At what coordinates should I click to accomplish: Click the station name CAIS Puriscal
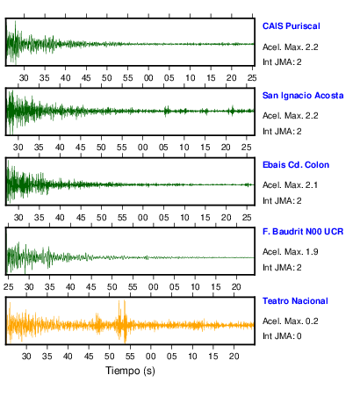point(292,26)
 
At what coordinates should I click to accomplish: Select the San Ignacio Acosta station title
point(303,96)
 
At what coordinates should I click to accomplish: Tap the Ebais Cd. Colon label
point(296,165)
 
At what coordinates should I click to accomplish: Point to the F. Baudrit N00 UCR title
point(303,232)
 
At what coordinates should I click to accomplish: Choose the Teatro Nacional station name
point(295,301)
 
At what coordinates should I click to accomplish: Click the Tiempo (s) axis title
point(130,371)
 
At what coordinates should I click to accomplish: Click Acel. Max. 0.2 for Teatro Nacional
point(291,321)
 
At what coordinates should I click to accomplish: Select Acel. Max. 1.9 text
point(291,252)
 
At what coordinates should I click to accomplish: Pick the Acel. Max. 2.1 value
point(290,185)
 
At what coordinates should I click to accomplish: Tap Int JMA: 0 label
point(282,336)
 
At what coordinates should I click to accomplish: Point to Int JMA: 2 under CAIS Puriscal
point(282,62)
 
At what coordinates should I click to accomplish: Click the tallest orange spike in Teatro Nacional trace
point(125,321)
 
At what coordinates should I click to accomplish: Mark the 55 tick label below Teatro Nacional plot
point(130,357)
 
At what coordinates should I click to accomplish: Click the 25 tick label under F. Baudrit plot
point(9,287)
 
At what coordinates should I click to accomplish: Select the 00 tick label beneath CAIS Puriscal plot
point(148,78)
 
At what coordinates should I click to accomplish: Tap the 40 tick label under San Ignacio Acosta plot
point(60,148)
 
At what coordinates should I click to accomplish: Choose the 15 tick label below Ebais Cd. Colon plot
point(205,218)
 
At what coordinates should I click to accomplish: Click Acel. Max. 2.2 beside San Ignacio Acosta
point(291,116)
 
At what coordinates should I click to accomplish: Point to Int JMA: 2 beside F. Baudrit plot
point(282,268)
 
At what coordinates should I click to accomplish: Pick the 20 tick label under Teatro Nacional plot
point(234,357)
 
